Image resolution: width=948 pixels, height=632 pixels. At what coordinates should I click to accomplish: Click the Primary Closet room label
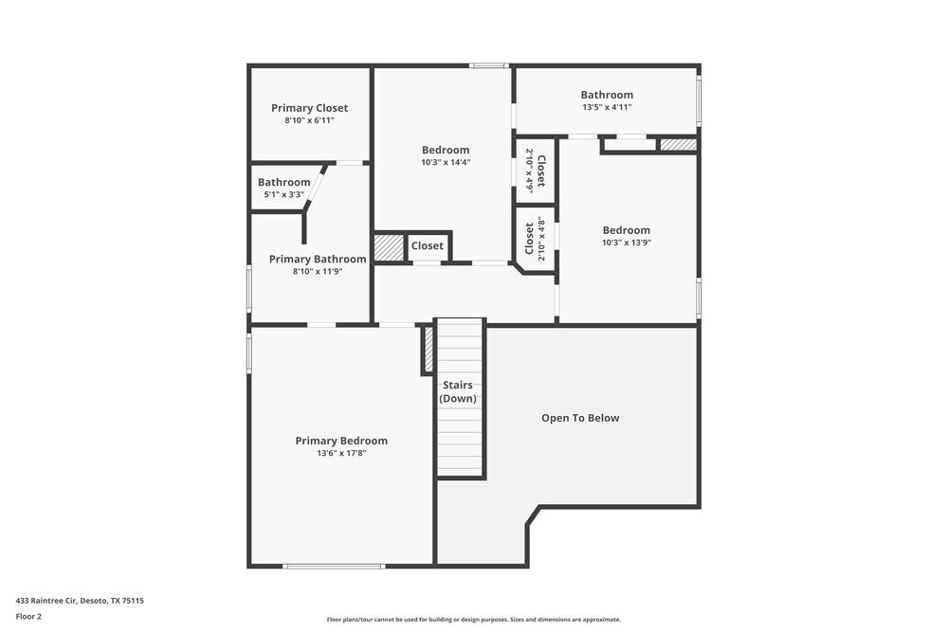tap(309, 108)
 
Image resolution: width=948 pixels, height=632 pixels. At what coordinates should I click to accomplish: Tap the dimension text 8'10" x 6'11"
tap(309, 120)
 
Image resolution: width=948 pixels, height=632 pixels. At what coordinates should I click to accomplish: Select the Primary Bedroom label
tap(341, 441)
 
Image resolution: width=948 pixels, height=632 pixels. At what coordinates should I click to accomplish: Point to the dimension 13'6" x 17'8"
tap(341, 453)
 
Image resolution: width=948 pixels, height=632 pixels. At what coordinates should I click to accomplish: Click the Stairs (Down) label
tap(457, 391)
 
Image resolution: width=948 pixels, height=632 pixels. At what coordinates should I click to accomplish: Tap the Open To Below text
tap(580, 418)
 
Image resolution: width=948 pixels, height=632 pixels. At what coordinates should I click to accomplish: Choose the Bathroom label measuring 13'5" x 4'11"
tap(607, 95)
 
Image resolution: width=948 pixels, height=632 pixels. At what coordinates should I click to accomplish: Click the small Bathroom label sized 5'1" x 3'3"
tap(284, 182)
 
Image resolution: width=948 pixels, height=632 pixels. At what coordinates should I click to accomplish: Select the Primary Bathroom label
tap(318, 259)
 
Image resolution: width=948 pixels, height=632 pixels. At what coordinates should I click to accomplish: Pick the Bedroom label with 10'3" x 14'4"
tap(446, 150)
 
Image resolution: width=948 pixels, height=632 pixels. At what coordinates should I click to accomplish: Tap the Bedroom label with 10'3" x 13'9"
tap(627, 230)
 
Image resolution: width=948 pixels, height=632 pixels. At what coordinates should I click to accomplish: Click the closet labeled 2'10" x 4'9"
tap(536, 171)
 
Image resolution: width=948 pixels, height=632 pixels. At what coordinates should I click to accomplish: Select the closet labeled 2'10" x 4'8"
tap(536, 239)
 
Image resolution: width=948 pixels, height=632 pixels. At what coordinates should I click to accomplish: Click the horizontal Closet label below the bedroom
tap(428, 246)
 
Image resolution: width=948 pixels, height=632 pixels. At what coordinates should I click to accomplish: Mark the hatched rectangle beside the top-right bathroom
tap(678, 145)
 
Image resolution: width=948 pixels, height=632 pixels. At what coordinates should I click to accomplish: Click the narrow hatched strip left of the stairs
tap(428, 350)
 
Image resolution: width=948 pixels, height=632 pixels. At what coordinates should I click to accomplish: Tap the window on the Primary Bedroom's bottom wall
tap(334, 566)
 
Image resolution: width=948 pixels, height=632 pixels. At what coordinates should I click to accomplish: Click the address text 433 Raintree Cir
tap(80, 600)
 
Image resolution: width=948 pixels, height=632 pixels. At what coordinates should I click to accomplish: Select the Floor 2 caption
tap(28, 616)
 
